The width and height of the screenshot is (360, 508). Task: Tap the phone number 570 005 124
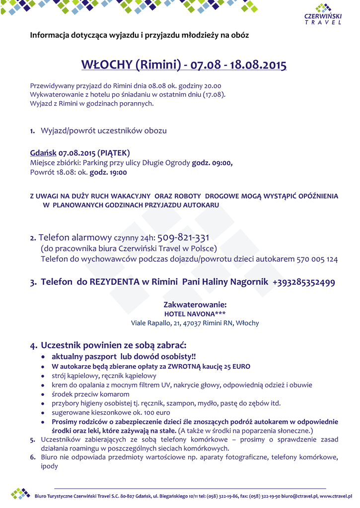pyautogui.click(x=317, y=259)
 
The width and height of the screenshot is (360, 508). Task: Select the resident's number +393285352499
pyautogui.click(x=303, y=282)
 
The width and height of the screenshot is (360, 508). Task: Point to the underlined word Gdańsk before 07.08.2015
pyautogui.click(x=43, y=153)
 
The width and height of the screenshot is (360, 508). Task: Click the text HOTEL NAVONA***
pyautogui.click(x=195, y=314)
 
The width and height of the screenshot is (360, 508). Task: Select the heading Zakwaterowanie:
pyautogui.click(x=195, y=305)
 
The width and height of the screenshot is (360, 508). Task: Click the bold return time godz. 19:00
pyautogui.click(x=108, y=173)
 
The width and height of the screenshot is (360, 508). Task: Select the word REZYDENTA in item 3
pyautogui.click(x=115, y=282)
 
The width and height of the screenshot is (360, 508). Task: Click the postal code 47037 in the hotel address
pyautogui.click(x=193, y=323)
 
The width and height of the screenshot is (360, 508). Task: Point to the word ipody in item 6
pyautogui.click(x=49, y=466)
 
